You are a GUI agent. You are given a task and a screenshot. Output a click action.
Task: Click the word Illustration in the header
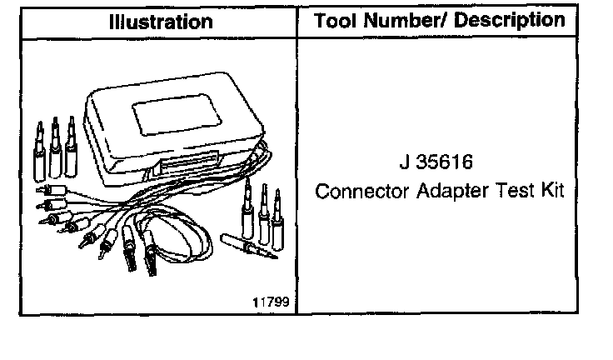160,22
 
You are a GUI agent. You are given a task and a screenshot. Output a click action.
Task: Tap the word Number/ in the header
406,20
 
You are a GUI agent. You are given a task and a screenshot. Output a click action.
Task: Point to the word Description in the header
511,20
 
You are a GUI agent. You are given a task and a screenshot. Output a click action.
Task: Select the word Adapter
446,191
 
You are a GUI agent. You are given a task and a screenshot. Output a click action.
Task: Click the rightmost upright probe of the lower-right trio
280,212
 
